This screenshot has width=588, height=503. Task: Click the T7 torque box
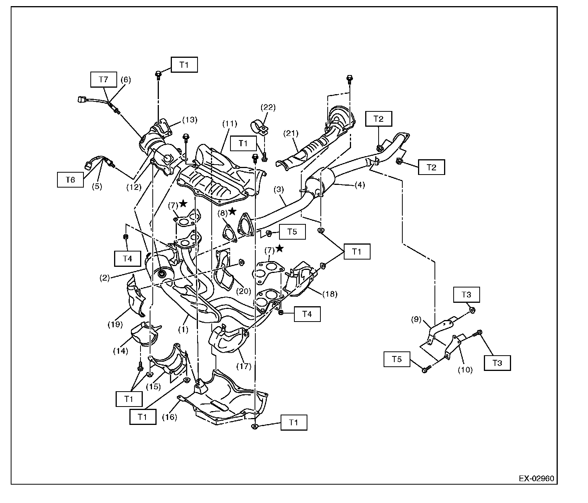click(103, 79)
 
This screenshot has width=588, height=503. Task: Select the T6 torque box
click(70, 180)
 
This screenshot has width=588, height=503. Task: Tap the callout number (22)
click(268, 107)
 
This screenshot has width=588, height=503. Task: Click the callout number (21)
click(291, 133)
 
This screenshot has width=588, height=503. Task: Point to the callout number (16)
click(170, 417)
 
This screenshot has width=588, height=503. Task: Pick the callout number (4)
click(359, 185)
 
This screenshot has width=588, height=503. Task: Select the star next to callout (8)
click(232, 211)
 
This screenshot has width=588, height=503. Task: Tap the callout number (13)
click(190, 120)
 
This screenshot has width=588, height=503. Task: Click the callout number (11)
click(230, 124)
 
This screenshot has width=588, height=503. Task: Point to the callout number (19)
click(115, 324)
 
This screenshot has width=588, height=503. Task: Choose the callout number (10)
click(465, 370)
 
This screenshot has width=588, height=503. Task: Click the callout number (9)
click(416, 320)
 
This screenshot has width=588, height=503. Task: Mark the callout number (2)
click(105, 278)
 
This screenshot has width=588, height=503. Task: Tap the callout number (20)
click(243, 291)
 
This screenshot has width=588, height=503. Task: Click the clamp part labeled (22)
click(260, 127)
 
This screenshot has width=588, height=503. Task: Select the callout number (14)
click(121, 351)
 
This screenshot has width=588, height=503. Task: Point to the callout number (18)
click(330, 294)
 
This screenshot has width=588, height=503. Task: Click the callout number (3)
click(279, 189)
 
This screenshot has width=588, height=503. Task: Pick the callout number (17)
click(244, 366)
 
